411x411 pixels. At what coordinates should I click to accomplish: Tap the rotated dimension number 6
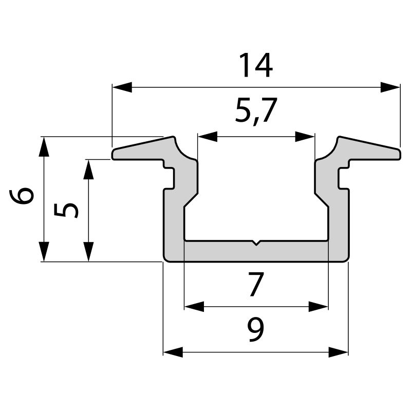coord(24,196)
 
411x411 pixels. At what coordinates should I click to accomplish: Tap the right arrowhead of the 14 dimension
coord(390,87)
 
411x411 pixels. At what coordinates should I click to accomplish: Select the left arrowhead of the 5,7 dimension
coord(207,137)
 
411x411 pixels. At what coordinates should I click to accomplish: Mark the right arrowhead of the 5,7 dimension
coord(305,137)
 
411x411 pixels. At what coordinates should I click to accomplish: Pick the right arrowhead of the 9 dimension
coord(338,352)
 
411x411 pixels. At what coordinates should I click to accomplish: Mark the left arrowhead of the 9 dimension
coord(173,352)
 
